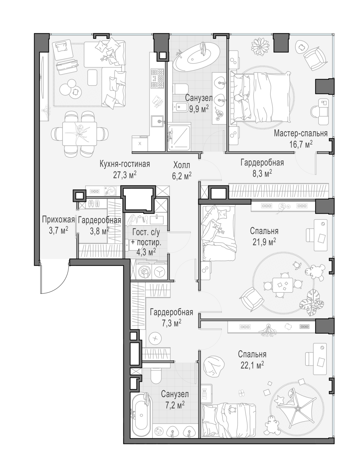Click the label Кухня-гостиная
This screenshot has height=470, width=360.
pos(125,164)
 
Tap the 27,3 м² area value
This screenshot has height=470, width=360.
pos(125,175)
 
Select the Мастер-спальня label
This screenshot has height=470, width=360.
pos(301,133)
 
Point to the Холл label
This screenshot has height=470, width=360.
pos(182,165)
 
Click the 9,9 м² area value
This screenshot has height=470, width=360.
pos(199,109)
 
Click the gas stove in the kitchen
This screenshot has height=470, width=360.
pos(157,78)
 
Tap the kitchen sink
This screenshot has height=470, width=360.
pos(157,121)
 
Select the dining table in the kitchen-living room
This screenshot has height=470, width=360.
pos(80,133)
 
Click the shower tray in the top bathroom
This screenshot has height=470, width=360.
pos(179,137)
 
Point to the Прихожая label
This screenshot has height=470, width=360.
pos(58,220)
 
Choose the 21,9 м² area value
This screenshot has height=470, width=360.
pos(264,242)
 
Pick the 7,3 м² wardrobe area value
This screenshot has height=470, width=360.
pos(172,323)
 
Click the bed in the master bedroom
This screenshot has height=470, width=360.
pos(261,97)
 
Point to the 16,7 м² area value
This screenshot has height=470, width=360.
pos(301,144)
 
